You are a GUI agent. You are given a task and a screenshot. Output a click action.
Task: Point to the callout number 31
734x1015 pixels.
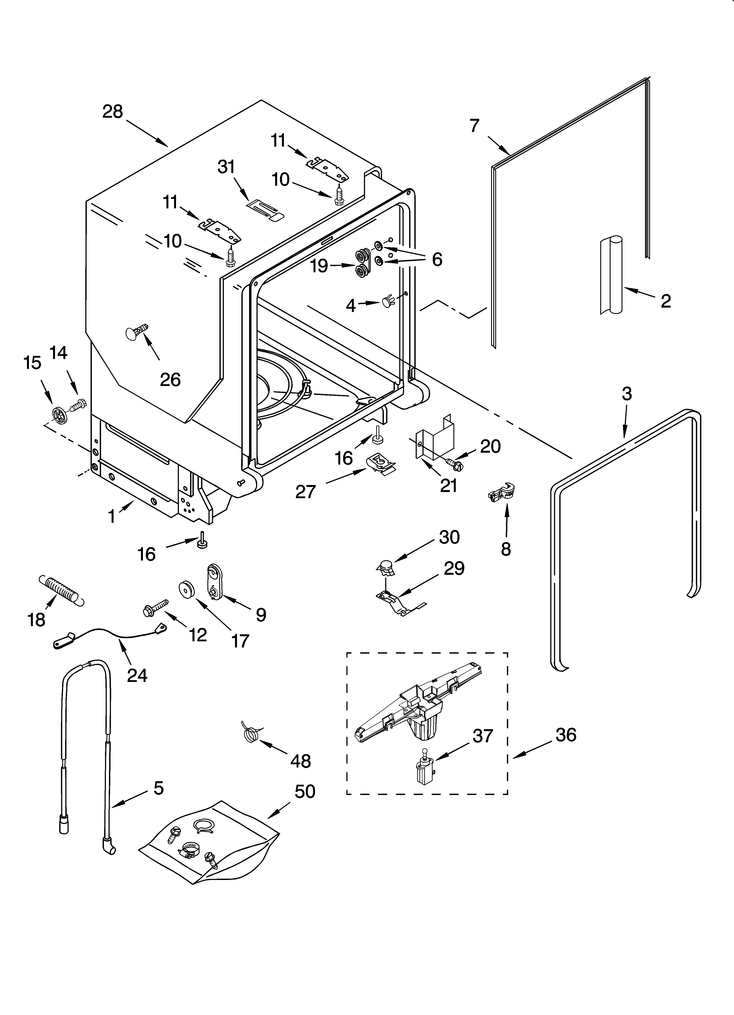226,167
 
